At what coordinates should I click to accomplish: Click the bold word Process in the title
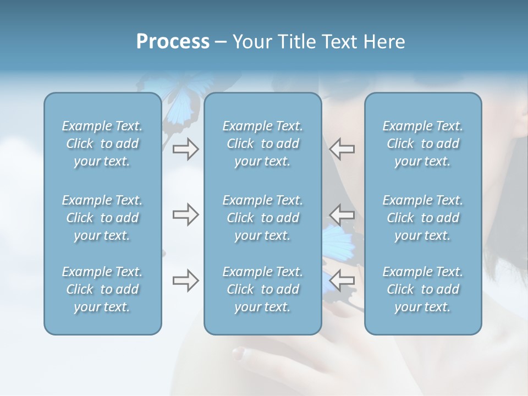pos(173,42)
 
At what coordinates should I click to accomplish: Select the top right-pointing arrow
pos(185,149)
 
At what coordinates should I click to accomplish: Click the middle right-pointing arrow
pos(185,215)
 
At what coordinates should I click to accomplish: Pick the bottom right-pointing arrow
pos(185,280)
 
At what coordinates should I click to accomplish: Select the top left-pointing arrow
pos(342,149)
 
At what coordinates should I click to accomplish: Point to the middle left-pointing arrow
pos(342,213)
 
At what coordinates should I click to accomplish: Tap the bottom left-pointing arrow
pos(342,280)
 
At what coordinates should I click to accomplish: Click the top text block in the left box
pos(102,144)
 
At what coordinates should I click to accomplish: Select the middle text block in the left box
pos(102,218)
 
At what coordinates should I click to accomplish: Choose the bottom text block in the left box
pos(102,289)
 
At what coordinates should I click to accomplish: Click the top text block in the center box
pos(262,144)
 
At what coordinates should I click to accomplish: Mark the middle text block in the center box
pos(262,218)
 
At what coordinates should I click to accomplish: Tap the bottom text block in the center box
pos(262,289)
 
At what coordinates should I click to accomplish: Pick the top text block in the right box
pos(422,144)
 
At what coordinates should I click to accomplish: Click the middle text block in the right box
pos(422,218)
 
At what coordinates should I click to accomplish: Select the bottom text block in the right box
pos(422,289)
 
